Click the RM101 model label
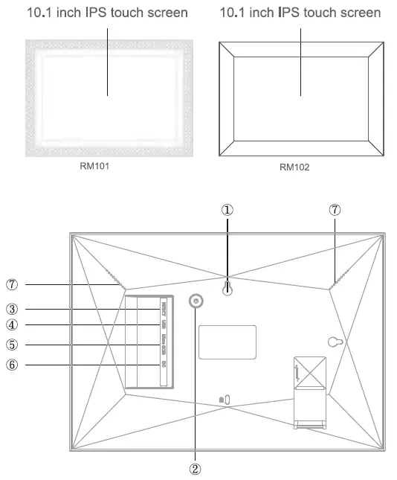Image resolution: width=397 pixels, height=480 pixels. click(x=94, y=165)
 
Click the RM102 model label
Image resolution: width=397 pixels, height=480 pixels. click(x=294, y=167)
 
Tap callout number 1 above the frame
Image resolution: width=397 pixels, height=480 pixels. click(x=227, y=211)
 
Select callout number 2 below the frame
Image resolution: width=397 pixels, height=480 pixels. click(x=196, y=469)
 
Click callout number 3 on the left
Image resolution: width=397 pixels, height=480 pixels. click(x=12, y=309)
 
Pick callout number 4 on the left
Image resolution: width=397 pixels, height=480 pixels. click(x=12, y=324)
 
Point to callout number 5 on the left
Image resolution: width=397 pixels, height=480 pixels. click(x=12, y=345)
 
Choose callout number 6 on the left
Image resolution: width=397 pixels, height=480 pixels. click(x=12, y=365)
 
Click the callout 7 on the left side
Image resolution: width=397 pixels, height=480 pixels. click(x=12, y=284)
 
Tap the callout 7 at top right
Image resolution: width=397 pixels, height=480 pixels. click(x=335, y=211)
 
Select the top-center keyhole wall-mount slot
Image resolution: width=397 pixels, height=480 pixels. click(x=227, y=292)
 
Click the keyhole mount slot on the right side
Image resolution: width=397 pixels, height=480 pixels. click(x=336, y=341)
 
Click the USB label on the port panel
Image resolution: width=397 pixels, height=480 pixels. click(x=163, y=324)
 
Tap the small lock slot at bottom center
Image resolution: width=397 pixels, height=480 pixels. click(x=225, y=399)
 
